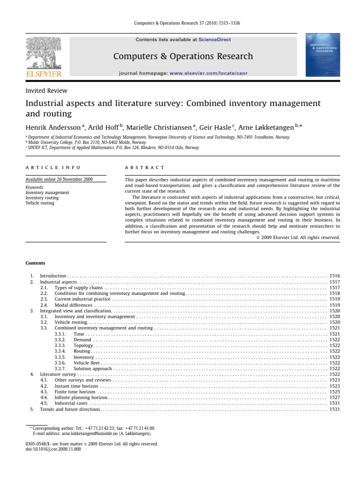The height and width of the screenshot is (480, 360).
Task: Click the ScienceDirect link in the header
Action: (215, 40)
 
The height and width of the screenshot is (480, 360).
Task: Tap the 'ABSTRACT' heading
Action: (144, 167)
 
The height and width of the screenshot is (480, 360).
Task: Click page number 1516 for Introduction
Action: (334, 277)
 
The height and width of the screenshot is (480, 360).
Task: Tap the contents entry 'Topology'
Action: (83, 345)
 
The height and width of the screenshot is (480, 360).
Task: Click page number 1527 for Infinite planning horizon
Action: (334, 397)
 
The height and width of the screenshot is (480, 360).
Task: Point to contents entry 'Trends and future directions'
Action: (70, 409)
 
